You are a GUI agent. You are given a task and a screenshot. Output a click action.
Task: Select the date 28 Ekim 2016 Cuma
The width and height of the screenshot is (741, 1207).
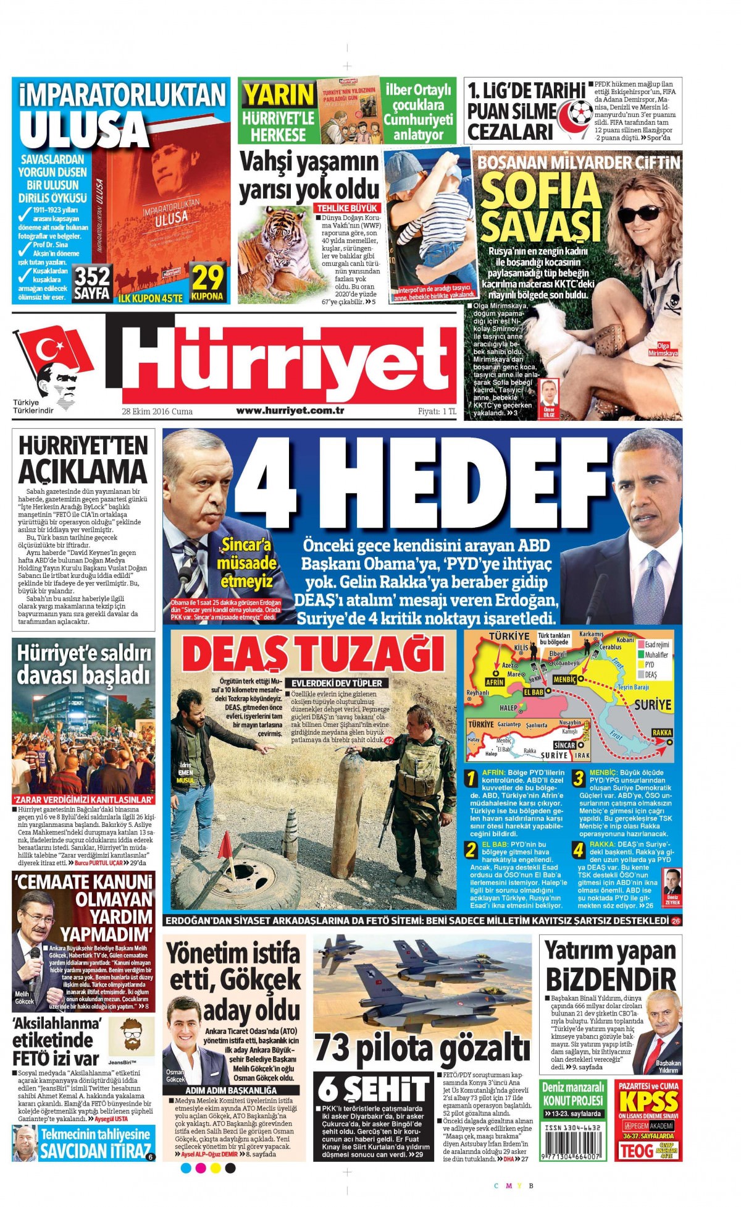[157, 412]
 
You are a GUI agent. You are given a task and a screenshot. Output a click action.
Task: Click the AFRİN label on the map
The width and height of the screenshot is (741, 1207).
[495, 682]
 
